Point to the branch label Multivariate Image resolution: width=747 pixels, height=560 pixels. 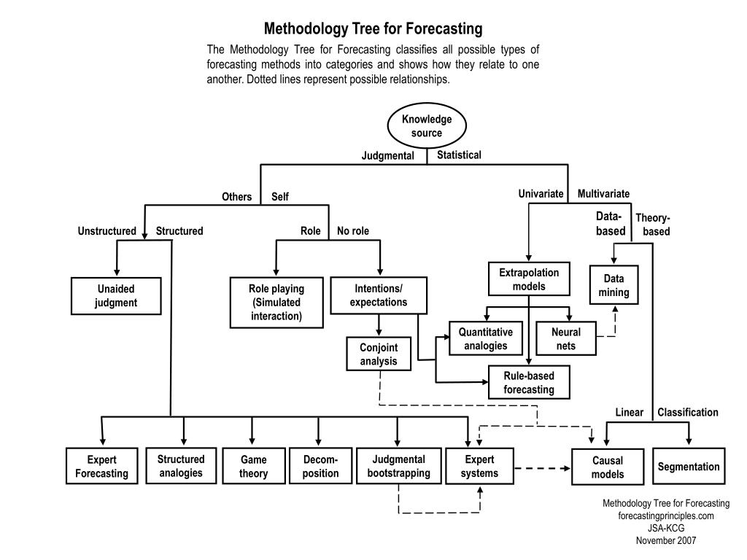tap(603, 194)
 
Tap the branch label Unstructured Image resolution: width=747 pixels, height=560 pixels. tap(107, 231)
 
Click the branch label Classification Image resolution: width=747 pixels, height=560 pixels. tap(687, 413)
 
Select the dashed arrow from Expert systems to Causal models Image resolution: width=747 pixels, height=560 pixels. tap(542, 469)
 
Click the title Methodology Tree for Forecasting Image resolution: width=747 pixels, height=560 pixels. tap(373, 28)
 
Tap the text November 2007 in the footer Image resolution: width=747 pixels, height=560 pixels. tap(665, 540)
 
